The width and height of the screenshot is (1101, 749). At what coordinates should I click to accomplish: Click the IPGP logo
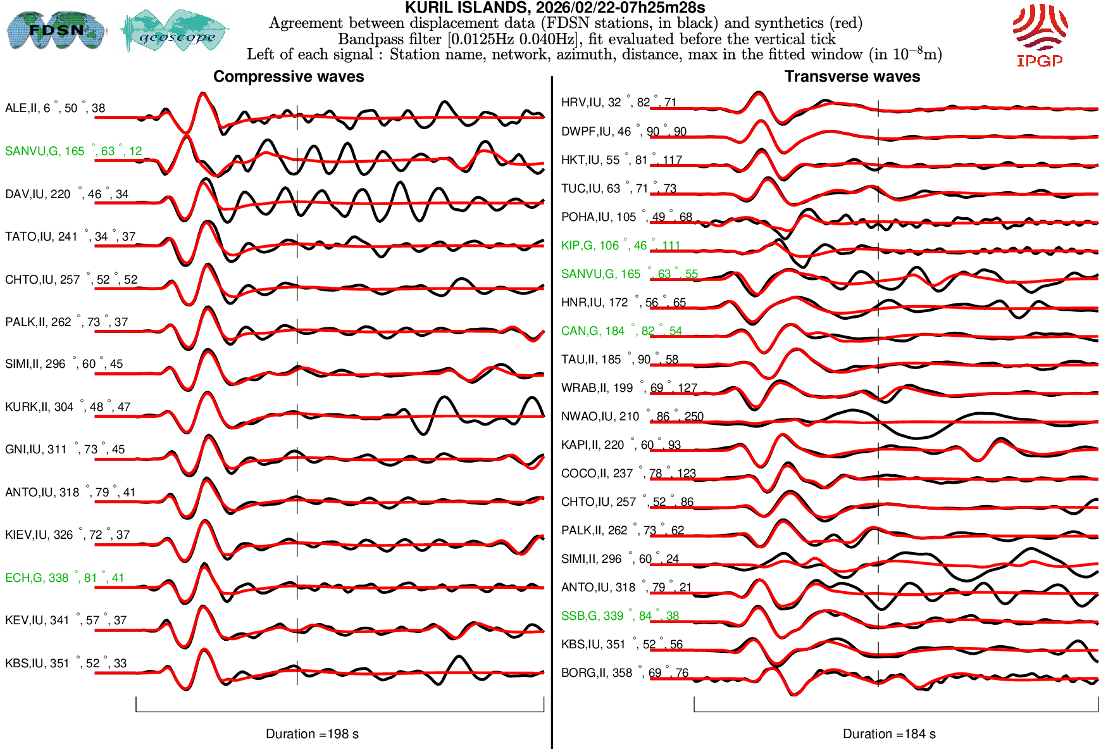(1040, 35)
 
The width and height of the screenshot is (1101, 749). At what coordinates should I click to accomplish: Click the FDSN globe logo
(56, 30)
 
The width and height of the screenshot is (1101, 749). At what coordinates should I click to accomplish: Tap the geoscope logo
(175, 31)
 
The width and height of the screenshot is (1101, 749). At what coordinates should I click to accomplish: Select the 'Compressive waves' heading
(289, 77)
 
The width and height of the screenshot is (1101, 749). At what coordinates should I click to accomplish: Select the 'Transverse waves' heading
(852, 77)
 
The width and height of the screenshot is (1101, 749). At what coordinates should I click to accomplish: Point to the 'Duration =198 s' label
(312, 734)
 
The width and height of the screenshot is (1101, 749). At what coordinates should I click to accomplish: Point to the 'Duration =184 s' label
(889, 734)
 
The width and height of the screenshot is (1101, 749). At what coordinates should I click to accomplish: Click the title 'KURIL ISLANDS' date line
(555, 8)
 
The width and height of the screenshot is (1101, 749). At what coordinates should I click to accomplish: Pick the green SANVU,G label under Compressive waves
(73, 151)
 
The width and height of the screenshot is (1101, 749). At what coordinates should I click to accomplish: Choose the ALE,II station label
(55, 108)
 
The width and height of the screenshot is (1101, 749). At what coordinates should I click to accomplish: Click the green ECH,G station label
(65, 578)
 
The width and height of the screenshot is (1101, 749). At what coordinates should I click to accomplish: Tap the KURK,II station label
(68, 407)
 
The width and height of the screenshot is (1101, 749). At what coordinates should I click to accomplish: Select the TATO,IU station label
(70, 237)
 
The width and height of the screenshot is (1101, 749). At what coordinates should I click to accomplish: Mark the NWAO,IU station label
(632, 417)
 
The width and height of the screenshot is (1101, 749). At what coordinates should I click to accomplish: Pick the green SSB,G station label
(620, 616)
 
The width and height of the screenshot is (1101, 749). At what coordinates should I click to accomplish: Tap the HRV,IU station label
(619, 103)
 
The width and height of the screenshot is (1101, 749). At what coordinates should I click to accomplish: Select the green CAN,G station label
(621, 331)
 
